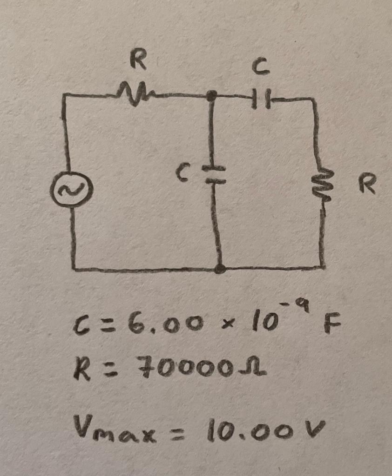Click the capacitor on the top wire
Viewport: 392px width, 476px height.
(261, 99)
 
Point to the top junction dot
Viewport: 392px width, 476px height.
(212, 96)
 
